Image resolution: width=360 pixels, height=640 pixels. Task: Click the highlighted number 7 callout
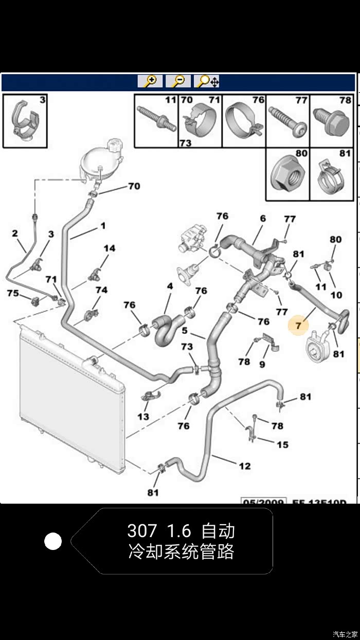(x=299, y=325)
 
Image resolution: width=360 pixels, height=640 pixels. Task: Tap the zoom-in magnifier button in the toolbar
(x=150, y=81)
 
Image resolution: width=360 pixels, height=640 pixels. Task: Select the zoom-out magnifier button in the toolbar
(x=178, y=81)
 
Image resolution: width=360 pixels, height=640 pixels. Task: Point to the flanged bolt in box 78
(x=331, y=122)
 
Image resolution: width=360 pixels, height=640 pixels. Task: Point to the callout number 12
(x=245, y=466)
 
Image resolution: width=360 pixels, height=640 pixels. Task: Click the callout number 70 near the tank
(x=134, y=186)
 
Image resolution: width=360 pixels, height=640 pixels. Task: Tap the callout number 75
(x=12, y=293)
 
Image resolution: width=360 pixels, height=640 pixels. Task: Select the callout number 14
(x=109, y=248)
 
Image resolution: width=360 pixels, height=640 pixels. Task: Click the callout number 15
(x=282, y=445)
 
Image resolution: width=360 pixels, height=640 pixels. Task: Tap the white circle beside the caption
(x=53, y=541)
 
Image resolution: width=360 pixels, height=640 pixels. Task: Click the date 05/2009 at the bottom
(x=263, y=501)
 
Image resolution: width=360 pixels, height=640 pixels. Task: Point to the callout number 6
(x=263, y=218)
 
